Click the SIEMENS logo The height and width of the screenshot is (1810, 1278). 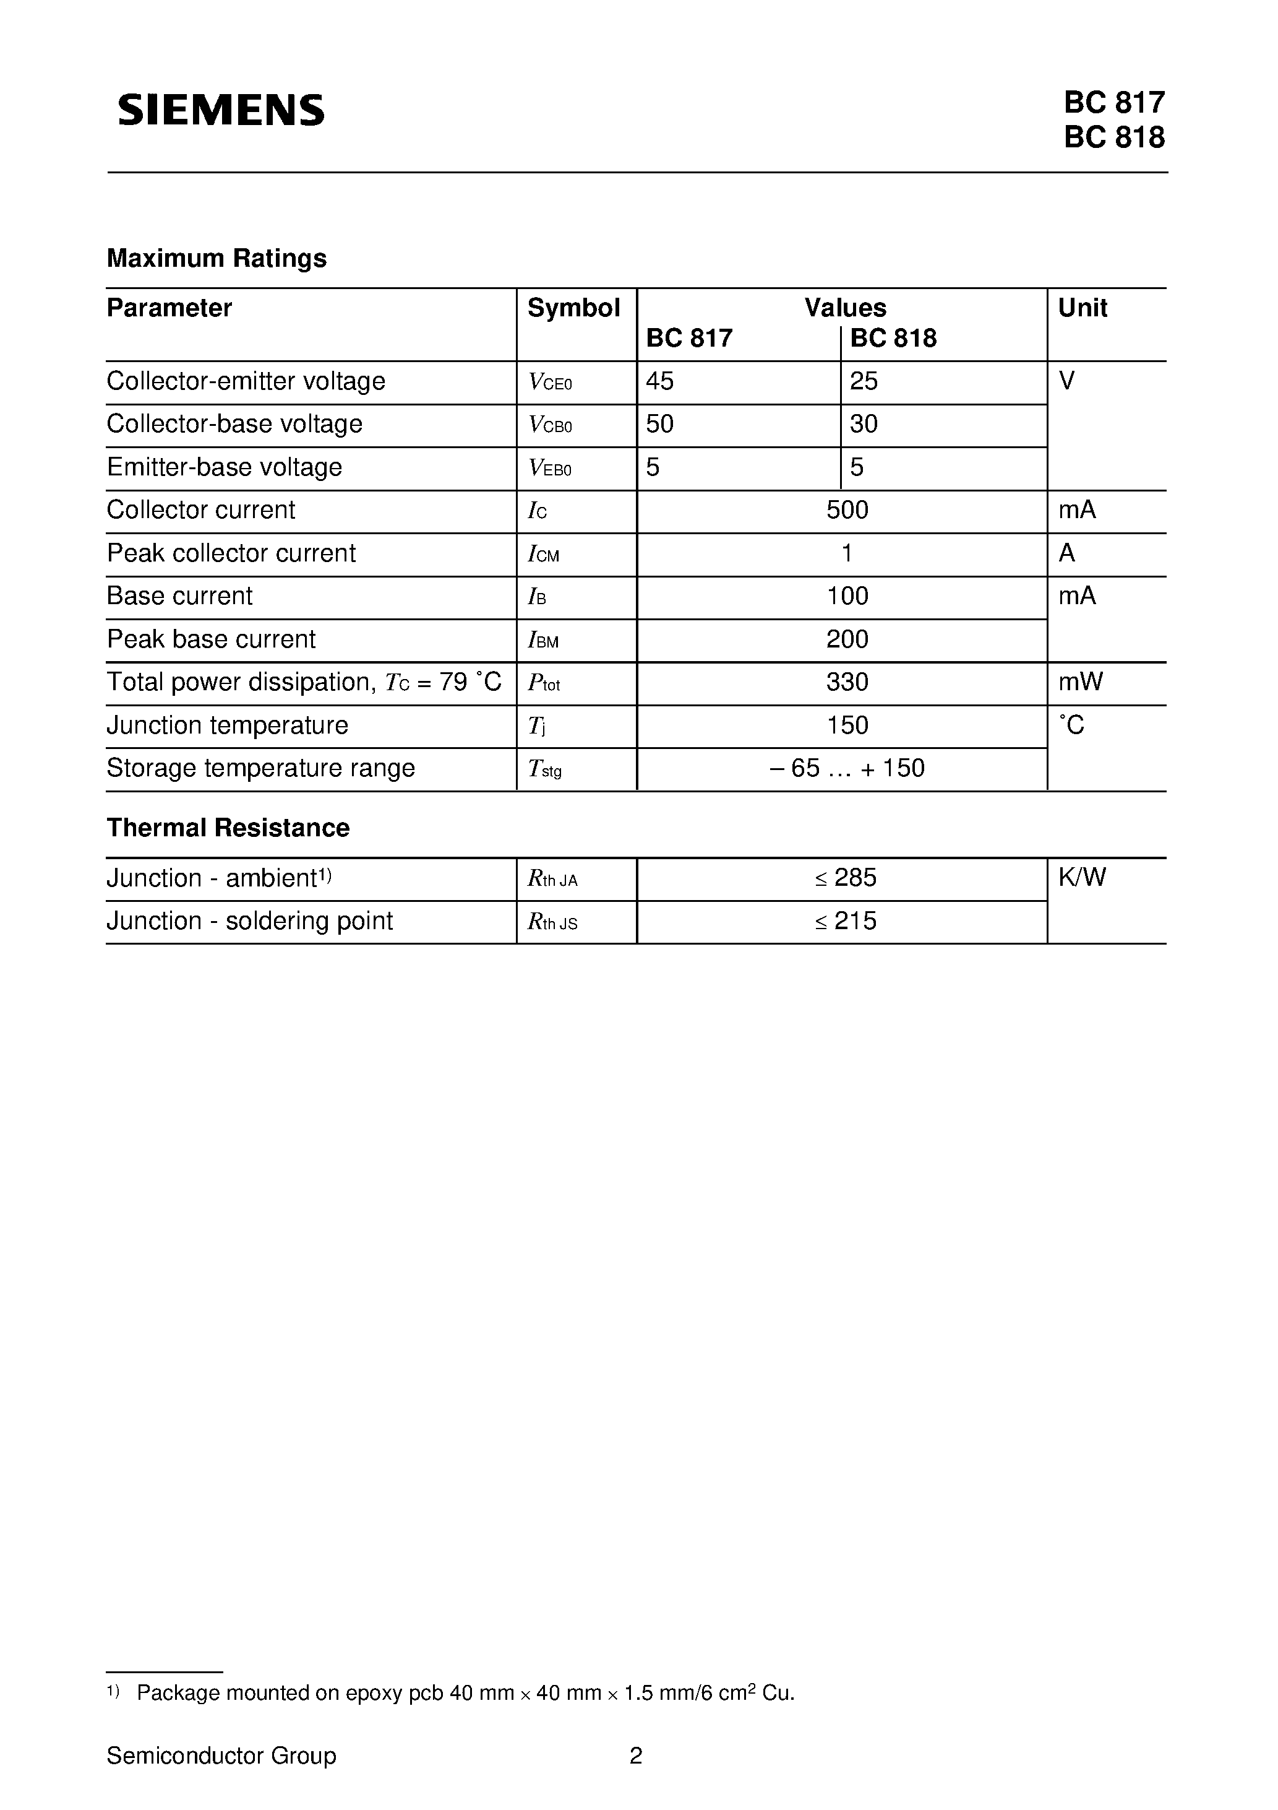point(221,110)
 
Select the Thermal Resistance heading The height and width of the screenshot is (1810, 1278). point(228,828)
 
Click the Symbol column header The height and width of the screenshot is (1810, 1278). point(573,308)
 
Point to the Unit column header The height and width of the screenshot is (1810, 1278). point(1082,308)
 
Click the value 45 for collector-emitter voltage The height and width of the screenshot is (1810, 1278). point(659,381)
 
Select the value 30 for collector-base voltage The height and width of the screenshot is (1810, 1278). point(864,424)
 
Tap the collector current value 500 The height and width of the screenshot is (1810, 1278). point(847,510)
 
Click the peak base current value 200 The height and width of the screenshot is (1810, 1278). point(847,639)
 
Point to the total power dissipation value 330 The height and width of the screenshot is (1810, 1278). point(847,682)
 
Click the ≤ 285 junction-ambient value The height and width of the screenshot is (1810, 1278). point(846,877)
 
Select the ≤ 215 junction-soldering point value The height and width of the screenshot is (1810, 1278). point(846,920)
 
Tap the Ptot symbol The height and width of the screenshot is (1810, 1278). point(544,683)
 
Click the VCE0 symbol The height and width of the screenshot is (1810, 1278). point(550,383)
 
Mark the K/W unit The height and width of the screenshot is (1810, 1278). point(1082,877)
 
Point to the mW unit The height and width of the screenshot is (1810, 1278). point(1080,682)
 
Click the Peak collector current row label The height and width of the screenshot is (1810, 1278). point(231,553)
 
